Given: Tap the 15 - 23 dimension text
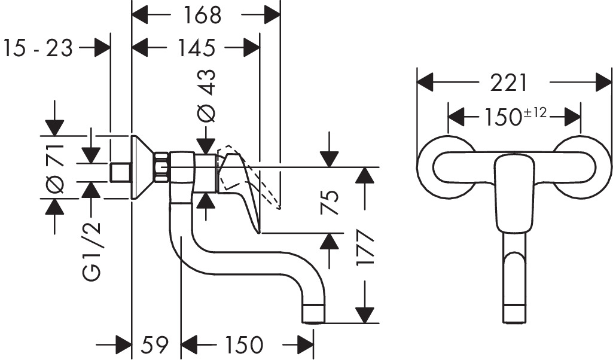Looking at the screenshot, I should [x=38, y=48].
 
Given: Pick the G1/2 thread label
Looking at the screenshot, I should [x=90, y=251].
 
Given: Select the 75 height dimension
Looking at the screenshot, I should [x=330, y=202].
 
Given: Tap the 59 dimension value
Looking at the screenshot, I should [x=155, y=344].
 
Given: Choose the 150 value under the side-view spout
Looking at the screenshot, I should [x=244, y=344].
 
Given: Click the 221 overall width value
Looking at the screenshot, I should [x=509, y=83].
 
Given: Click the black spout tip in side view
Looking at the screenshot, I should [x=313, y=313].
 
